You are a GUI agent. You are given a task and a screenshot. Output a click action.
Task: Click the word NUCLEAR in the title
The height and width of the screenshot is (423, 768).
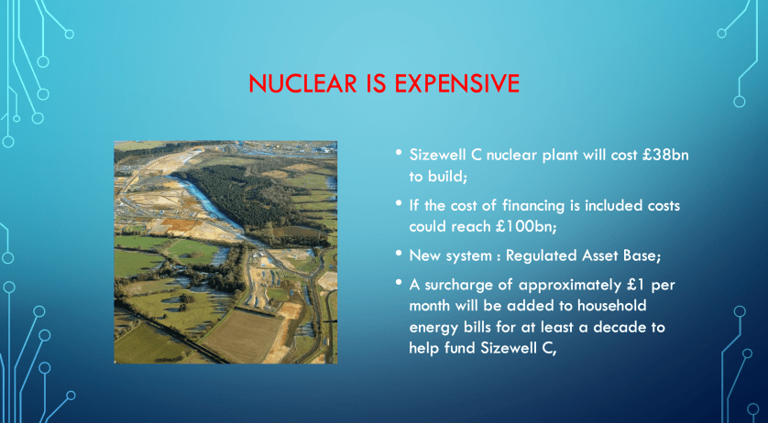[x=302, y=83]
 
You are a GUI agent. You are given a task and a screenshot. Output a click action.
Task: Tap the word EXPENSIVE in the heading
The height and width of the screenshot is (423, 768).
[x=456, y=83]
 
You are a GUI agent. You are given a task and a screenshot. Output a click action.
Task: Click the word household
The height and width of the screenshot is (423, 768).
[x=611, y=306]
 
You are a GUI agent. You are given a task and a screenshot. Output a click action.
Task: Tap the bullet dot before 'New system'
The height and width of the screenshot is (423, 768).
[x=399, y=254]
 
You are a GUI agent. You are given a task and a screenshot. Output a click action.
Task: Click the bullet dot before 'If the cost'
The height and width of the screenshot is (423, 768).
[x=399, y=202]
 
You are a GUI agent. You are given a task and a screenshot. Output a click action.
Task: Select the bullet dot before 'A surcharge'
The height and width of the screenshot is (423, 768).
[x=399, y=282]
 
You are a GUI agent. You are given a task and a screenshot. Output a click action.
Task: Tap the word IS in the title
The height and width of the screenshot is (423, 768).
[x=376, y=83]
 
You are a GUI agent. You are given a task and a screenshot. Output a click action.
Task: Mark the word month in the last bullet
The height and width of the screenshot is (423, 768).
[x=431, y=306]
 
